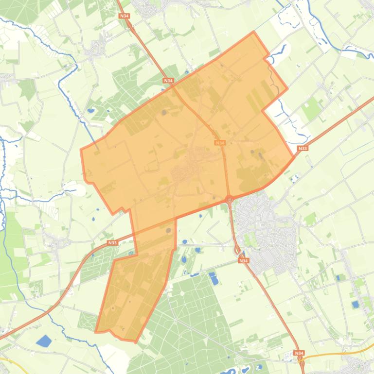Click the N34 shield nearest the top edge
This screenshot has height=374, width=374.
tap(124, 16)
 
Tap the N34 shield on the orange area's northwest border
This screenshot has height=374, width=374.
tap(168, 80)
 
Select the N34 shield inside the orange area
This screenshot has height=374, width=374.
tap(220, 143)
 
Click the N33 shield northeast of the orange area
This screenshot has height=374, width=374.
tap(303, 148)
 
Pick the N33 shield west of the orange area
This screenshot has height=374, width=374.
tap(112, 242)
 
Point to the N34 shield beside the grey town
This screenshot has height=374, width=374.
tap(243, 261)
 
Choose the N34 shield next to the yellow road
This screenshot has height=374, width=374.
tap(299, 353)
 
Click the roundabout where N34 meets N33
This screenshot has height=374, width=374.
tap(229, 199)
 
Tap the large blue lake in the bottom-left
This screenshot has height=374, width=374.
tap(44, 340)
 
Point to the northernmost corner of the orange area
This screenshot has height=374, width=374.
tap(253, 32)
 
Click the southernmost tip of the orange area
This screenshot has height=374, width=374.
tap(135, 341)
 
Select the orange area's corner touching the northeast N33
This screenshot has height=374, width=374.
tap(294, 156)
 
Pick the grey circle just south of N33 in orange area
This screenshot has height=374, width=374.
tap(169, 231)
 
